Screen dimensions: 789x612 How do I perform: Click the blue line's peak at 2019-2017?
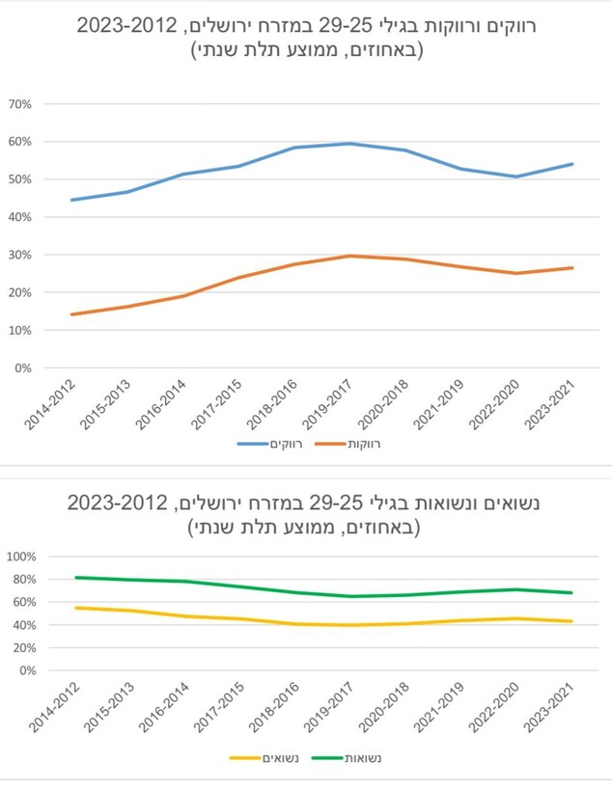[349, 144]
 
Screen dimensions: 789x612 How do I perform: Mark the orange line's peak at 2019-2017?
[349, 256]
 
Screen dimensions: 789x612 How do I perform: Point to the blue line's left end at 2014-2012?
[71, 200]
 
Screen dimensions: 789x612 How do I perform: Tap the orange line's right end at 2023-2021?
[572, 268]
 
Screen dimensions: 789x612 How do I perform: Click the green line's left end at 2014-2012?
[74, 578]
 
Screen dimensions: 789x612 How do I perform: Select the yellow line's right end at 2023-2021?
[572, 621]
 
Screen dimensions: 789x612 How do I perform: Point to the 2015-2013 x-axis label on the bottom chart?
[108, 706]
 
